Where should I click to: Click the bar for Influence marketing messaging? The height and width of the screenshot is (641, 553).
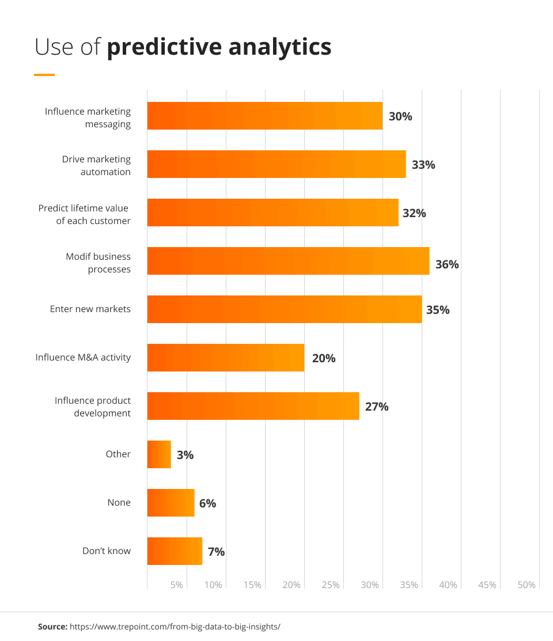pyautogui.click(x=264, y=116)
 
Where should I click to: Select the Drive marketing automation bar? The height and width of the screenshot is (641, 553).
pyautogui.click(x=276, y=164)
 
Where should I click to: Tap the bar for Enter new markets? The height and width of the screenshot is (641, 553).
pyautogui.click(x=285, y=309)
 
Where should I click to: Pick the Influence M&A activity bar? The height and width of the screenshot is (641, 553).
pyautogui.click(x=226, y=358)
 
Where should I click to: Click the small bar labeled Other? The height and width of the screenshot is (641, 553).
pyautogui.click(x=159, y=454)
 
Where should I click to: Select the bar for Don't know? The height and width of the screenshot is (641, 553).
pyautogui.click(x=175, y=551)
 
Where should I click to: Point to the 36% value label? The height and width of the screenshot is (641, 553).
pyautogui.click(x=447, y=264)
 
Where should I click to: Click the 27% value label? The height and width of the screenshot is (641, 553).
pyautogui.click(x=377, y=407)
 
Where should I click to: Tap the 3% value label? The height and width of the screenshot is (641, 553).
pyautogui.click(x=185, y=455)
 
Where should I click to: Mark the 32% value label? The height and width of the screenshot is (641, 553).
pyautogui.click(x=414, y=213)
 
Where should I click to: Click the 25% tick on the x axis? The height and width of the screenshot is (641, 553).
pyautogui.click(x=331, y=585)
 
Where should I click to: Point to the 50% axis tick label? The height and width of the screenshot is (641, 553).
pyautogui.click(x=527, y=585)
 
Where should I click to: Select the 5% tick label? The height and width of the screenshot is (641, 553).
pyautogui.click(x=177, y=585)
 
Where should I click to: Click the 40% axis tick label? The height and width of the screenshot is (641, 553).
pyautogui.click(x=448, y=585)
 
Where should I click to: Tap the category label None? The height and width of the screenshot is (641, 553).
pyautogui.click(x=119, y=503)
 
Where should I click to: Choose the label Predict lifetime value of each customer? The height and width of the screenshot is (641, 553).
pyautogui.click(x=85, y=214)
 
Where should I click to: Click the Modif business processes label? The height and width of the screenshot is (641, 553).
pyautogui.click(x=98, y=263)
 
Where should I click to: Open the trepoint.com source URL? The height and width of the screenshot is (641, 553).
pyautogui.click(x=175, y=626)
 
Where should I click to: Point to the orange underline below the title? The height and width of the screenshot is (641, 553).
pyautogui.click(x=44, y=75)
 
